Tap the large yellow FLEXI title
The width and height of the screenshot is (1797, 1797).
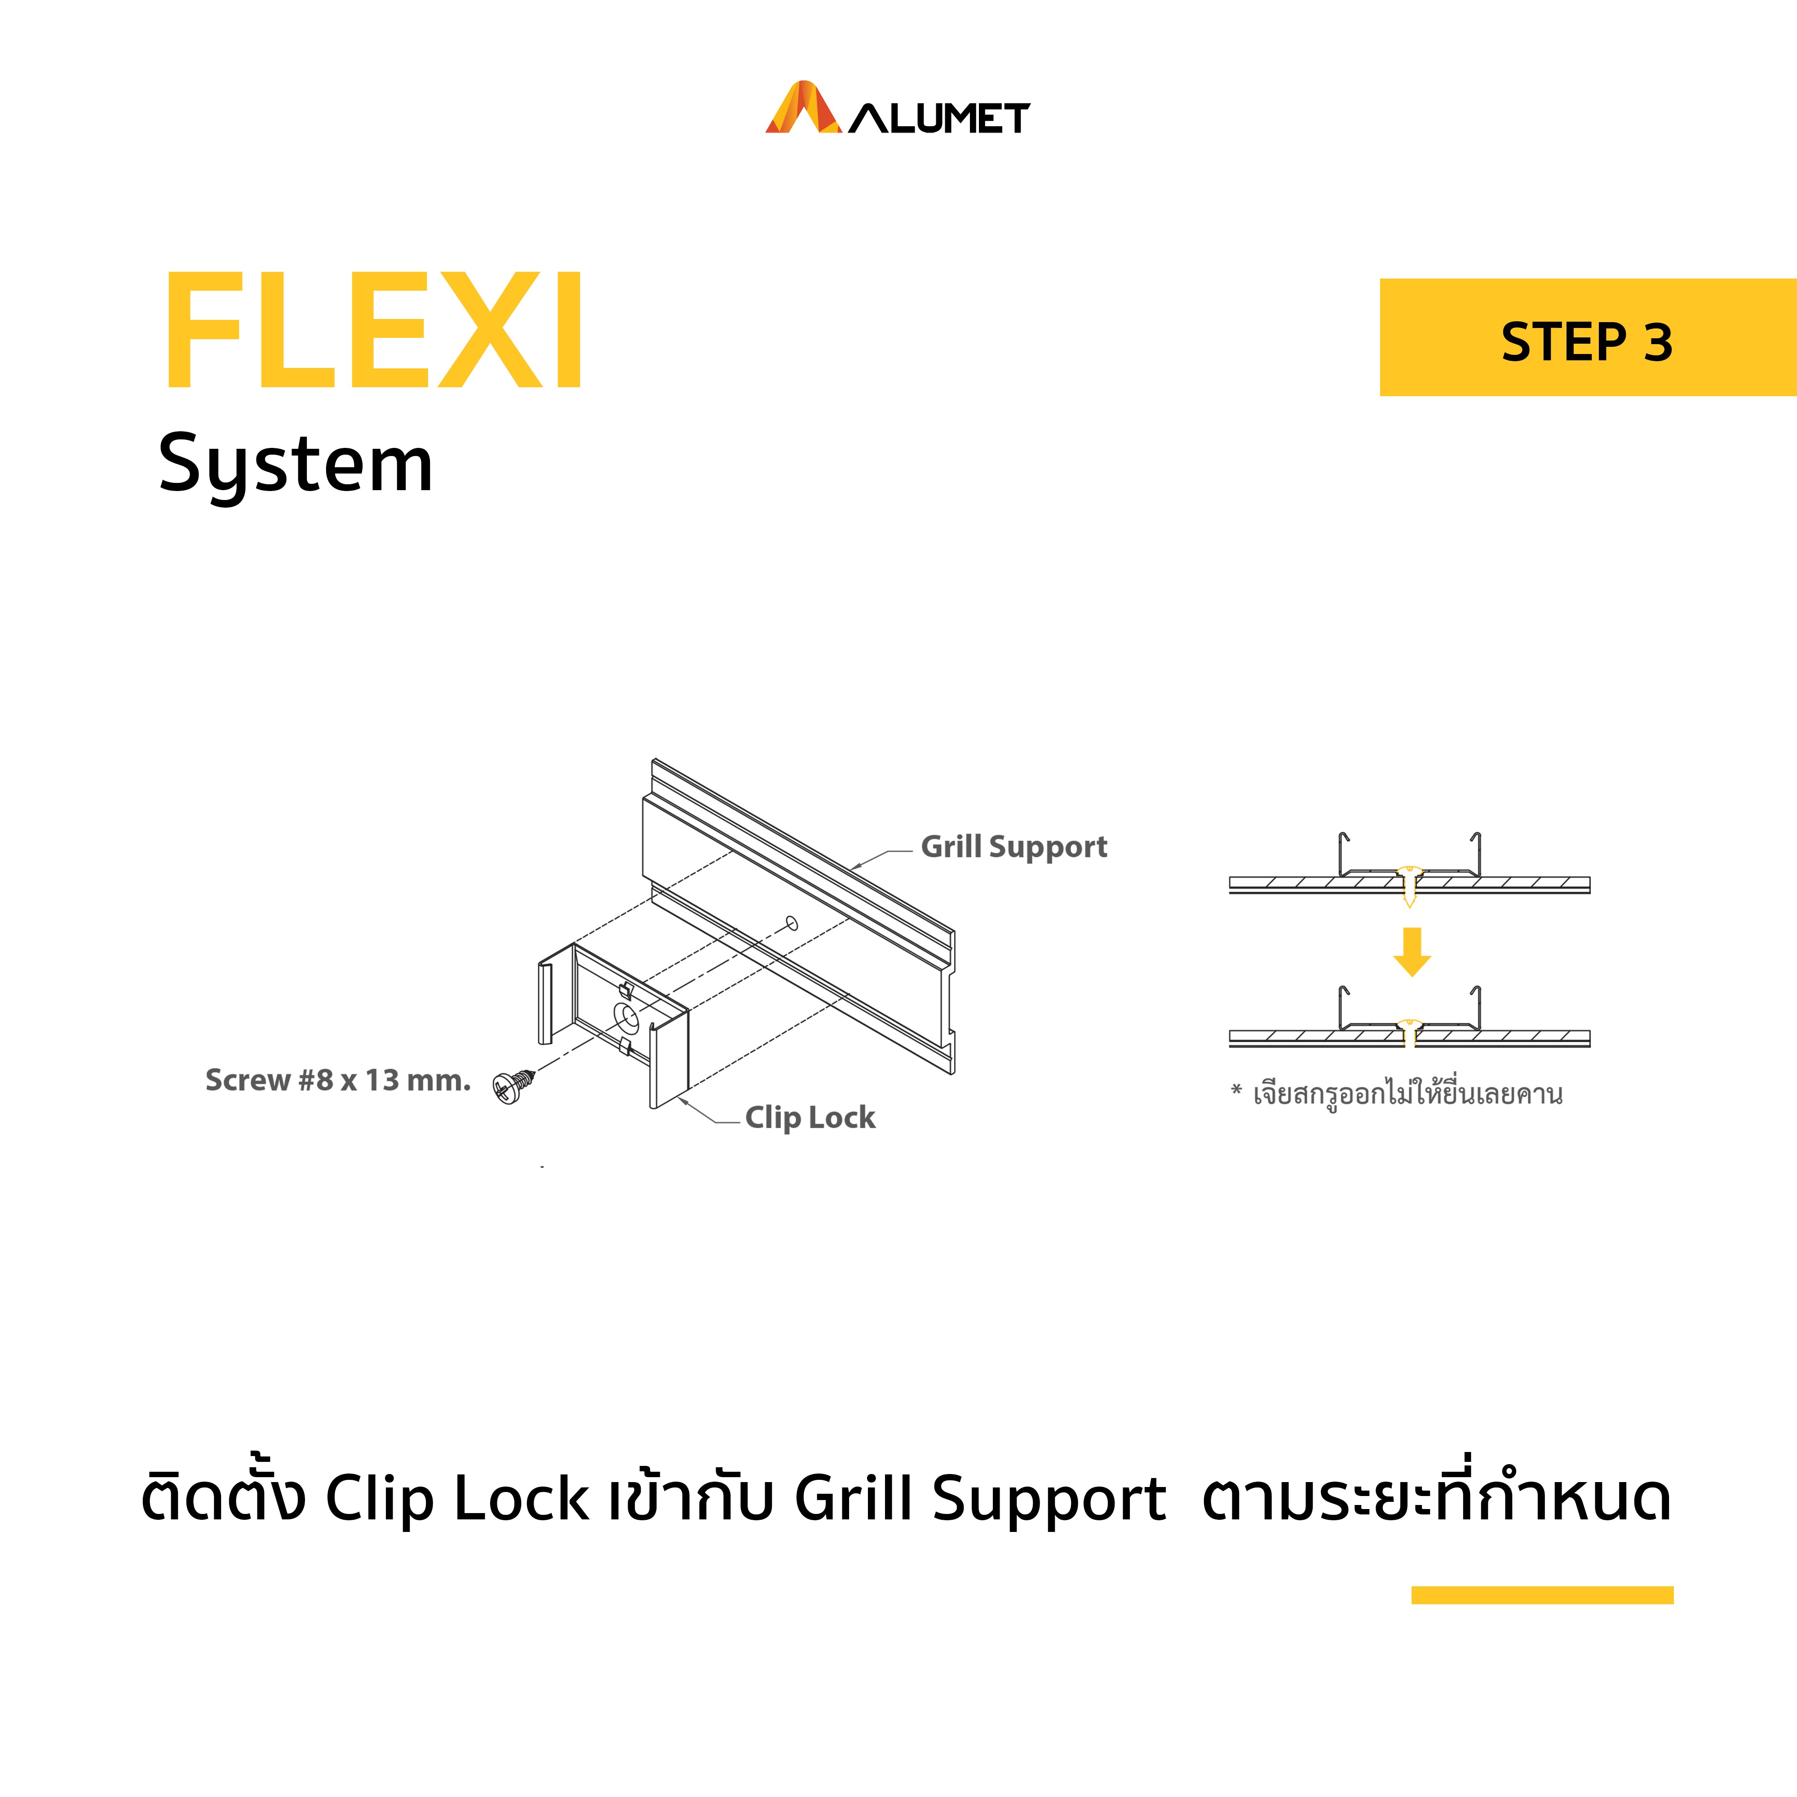click(374, 330)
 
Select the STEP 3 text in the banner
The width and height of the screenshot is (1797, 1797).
click(1587, 342)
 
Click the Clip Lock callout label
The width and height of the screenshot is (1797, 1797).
click(810, 1117)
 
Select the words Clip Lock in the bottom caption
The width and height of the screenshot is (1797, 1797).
click(457, 1499)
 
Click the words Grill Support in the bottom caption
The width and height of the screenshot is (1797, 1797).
click(980, 1499)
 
